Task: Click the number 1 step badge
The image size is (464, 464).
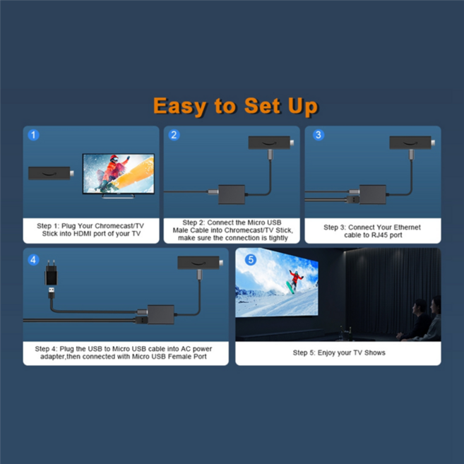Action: tap(33, 134)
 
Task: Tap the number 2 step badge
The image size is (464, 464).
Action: tap(174, 134)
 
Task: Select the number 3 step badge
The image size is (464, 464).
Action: tap(318, 134)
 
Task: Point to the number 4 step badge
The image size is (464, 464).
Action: tap(33, 259)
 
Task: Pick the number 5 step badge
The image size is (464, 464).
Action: tap(250, 259)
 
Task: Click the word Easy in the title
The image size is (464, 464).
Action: tap(180, 106)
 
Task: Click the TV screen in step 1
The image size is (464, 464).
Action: tap(119, 174)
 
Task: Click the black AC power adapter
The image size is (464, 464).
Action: tap(50, 273)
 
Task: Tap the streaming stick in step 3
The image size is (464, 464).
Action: tap(411, 143)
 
